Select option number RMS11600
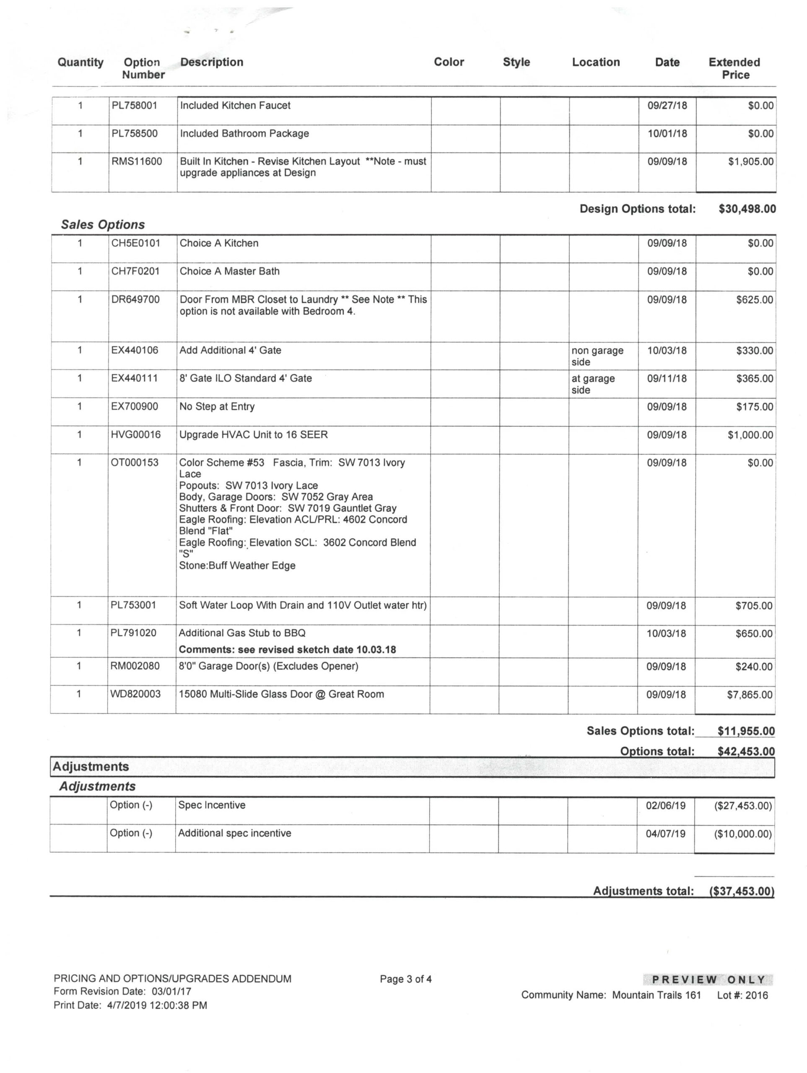(136, 161)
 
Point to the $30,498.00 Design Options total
(747, 209)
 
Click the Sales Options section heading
(103, 225)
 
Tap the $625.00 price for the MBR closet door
(754, 300)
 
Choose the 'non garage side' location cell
(597, 356)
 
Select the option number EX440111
(135, 378)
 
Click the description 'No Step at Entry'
(217, 407)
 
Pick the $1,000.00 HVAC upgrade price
(750, 435)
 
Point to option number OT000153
(135, 463)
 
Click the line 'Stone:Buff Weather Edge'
(237, 565)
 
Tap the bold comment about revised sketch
(287, 650)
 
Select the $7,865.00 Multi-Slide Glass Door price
(749, 695)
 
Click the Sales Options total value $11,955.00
(746, 731)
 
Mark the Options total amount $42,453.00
(746, 752)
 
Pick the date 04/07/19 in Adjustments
(665, 834)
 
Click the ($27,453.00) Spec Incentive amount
(742, 806)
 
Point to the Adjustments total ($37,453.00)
(741, 891)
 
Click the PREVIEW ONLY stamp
(708, 980)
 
